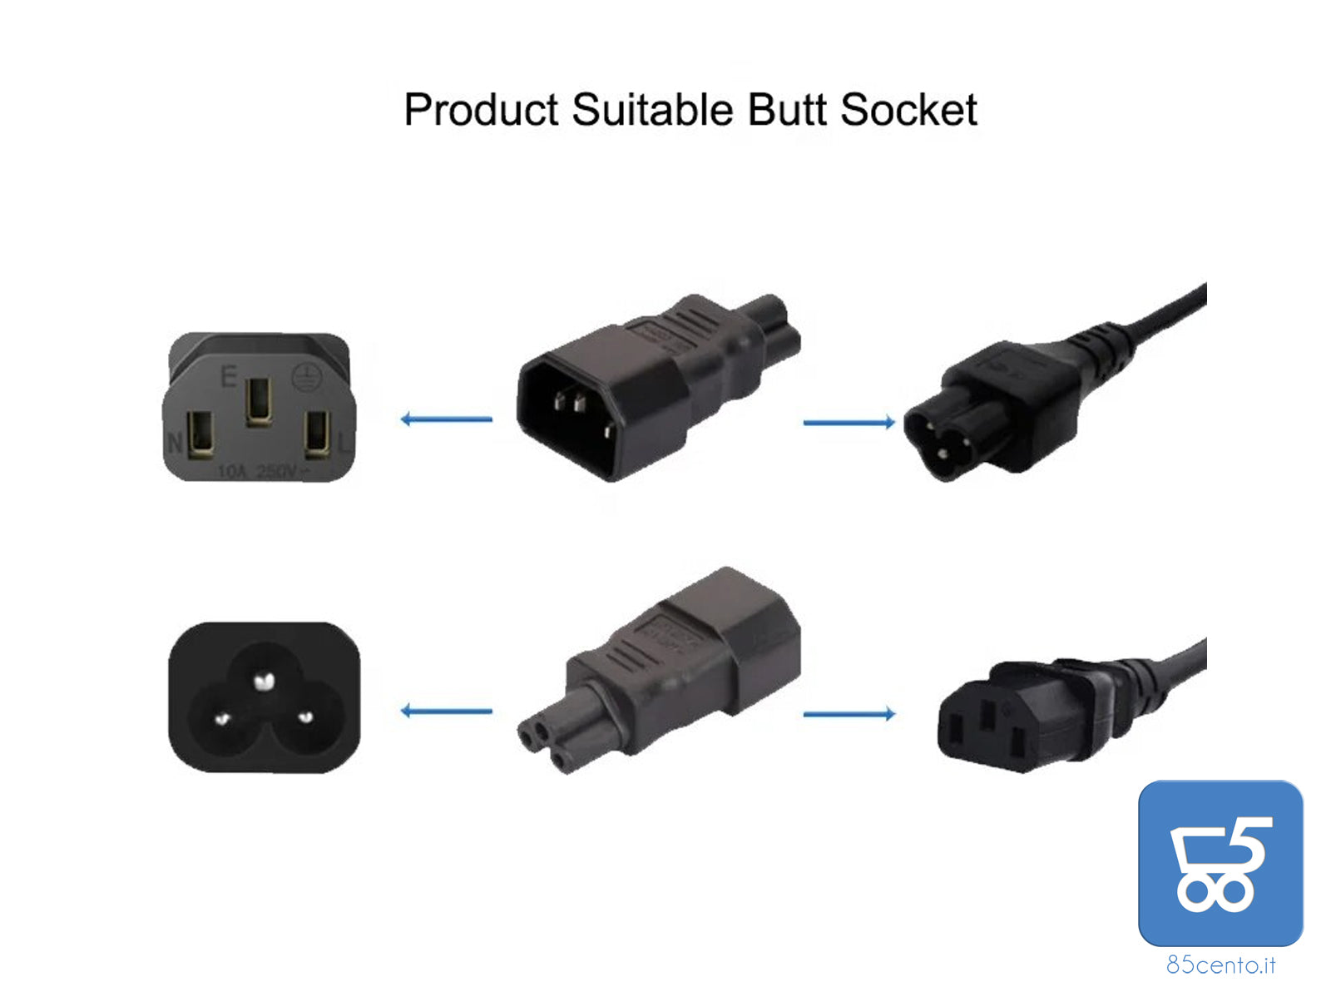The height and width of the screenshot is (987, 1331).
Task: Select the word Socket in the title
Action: tap(908, 111)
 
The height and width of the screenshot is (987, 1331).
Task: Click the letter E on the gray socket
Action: tap(228, 377)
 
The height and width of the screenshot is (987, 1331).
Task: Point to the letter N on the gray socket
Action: tap(175, 442)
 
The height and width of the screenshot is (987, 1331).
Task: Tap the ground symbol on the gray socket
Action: tap(303, 379)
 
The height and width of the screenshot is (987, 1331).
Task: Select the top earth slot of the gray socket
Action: tap(258, 401)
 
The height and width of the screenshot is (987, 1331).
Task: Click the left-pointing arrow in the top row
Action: tap(447, 419)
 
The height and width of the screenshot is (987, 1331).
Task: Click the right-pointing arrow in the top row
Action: tap(849, 423)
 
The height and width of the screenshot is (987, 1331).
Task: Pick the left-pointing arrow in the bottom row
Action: tap(447, 711)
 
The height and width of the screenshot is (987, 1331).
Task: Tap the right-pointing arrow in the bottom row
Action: tap(849, 714)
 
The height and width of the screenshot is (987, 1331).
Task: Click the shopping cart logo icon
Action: tap(1220, 863)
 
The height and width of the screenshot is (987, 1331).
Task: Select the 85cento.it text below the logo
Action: tap(1220, 965)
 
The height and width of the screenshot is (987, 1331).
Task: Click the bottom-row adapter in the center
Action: tap(657, 670)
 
